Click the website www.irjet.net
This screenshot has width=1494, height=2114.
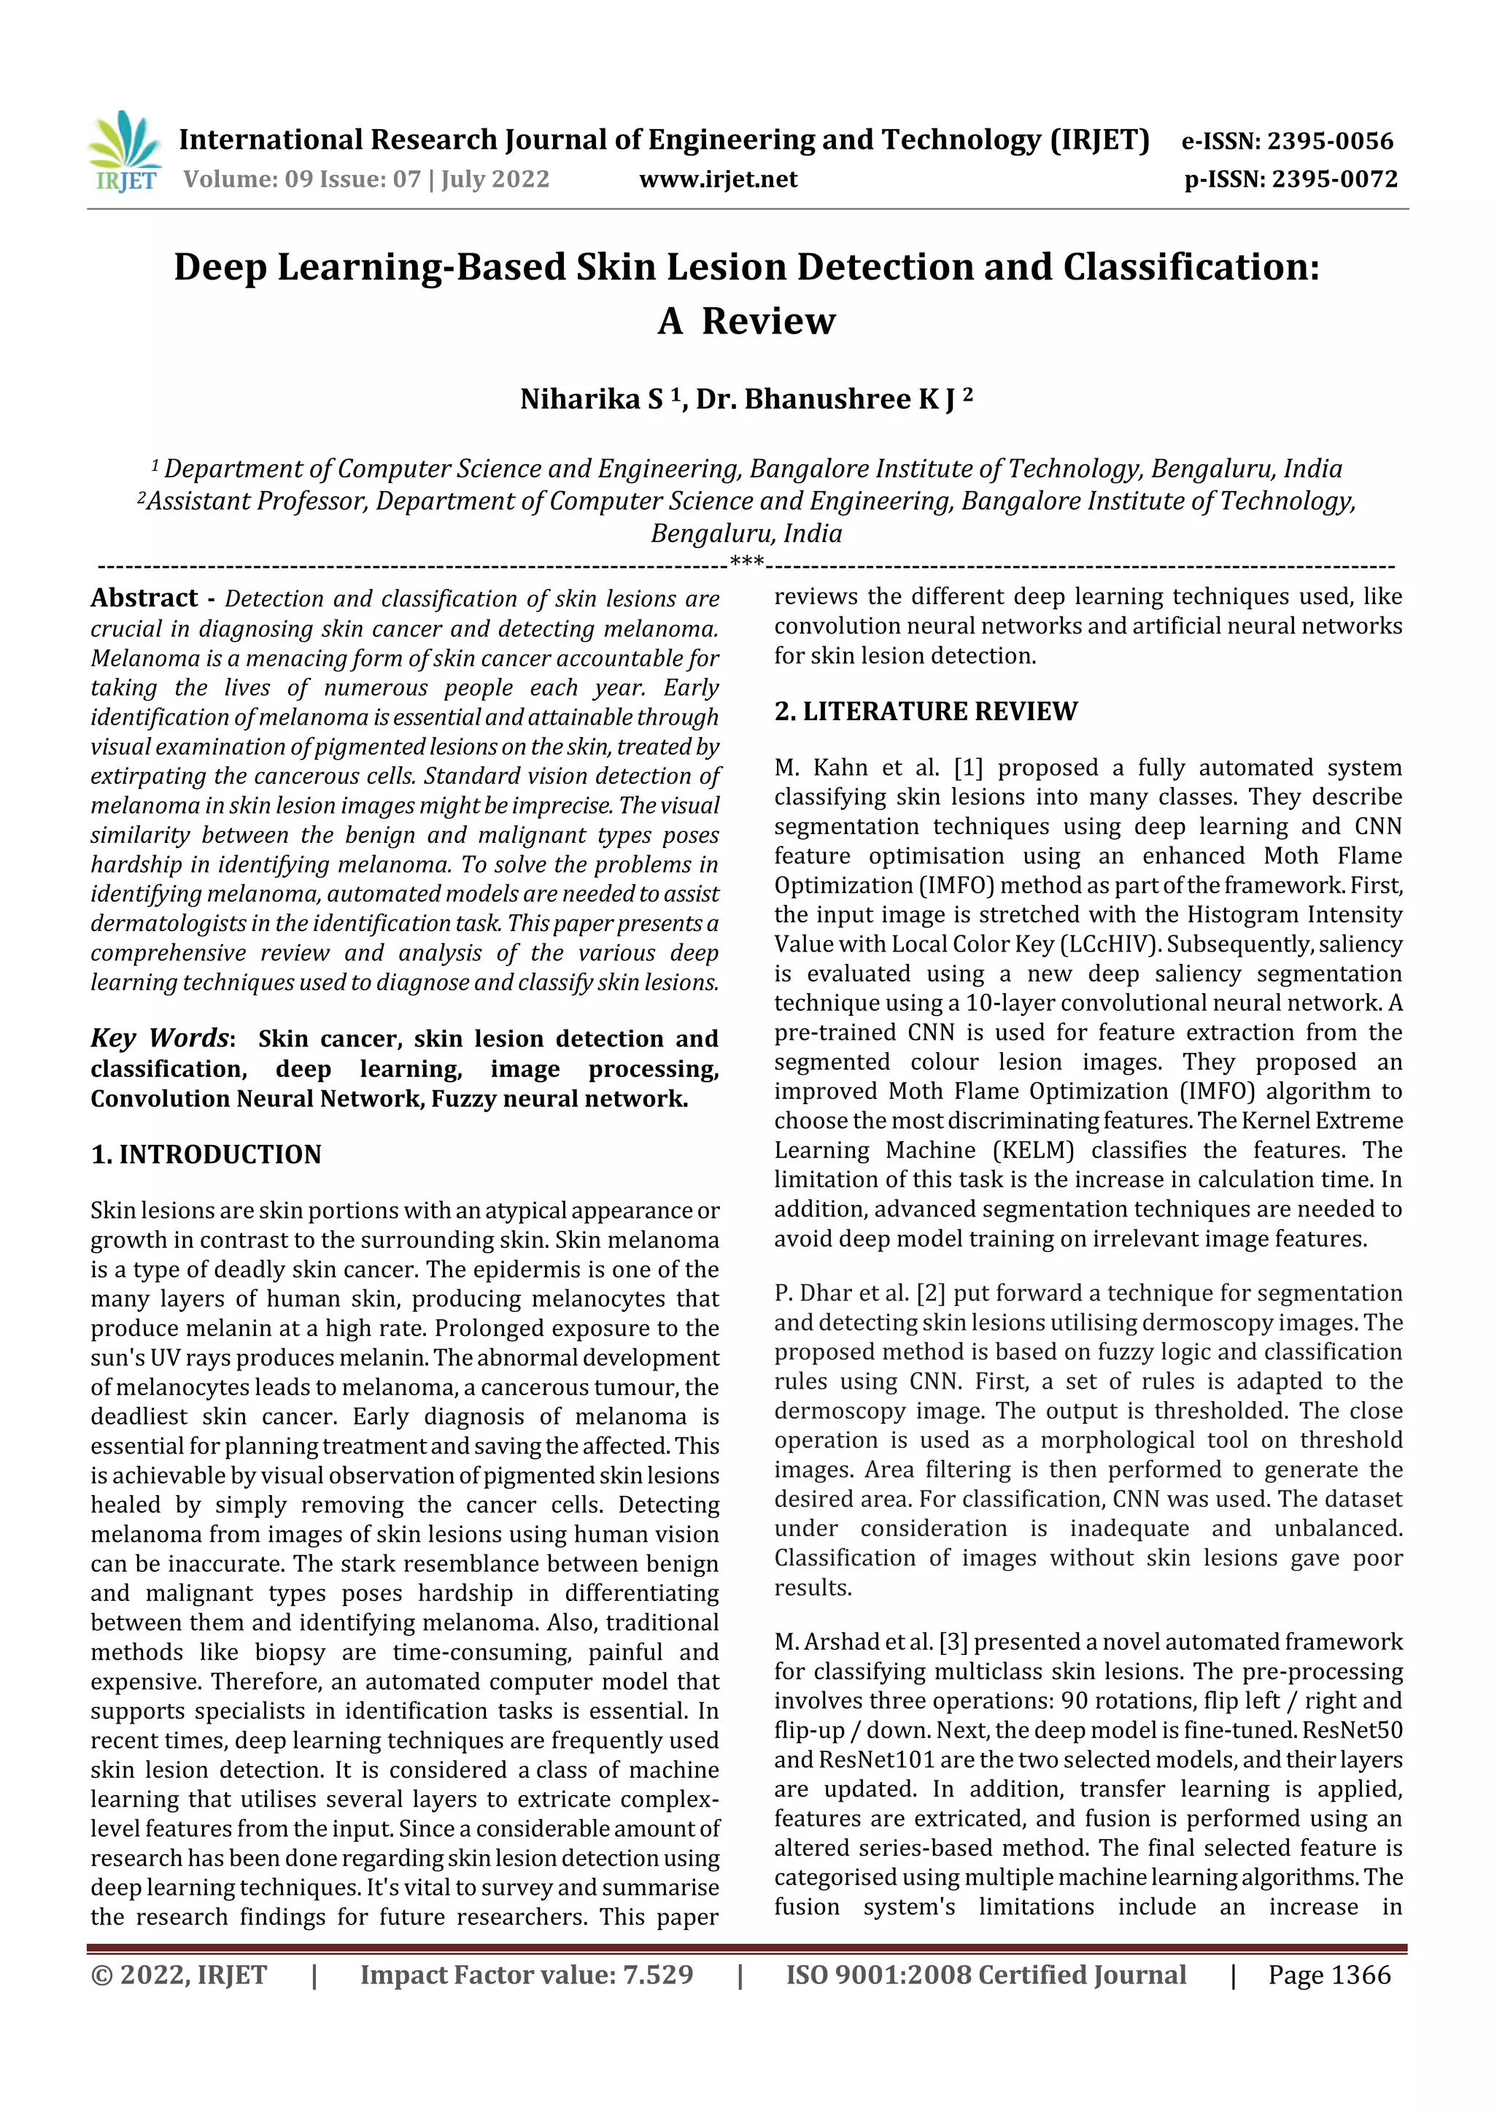coord(718,179)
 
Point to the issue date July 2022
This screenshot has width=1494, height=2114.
coord(495,179)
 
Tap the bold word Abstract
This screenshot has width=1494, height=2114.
coord(144,598)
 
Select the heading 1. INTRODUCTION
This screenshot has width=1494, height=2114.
coord(206,1154)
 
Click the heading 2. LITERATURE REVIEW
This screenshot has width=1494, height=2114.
coord(925,711)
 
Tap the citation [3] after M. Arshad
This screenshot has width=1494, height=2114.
coord(953,1642)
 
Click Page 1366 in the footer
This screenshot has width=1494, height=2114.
coord(1329,1975)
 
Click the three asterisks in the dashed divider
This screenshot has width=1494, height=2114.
coord(746,560)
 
